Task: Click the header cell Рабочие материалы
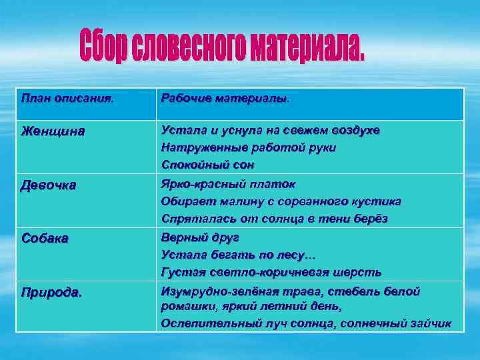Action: pos(225,99)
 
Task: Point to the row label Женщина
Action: pos(53,131)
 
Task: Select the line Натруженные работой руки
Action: pos(248,147)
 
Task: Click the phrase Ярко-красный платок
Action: pos(227,184)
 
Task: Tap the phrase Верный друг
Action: pos(200,238)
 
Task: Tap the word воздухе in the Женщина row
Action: pos(357,131)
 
